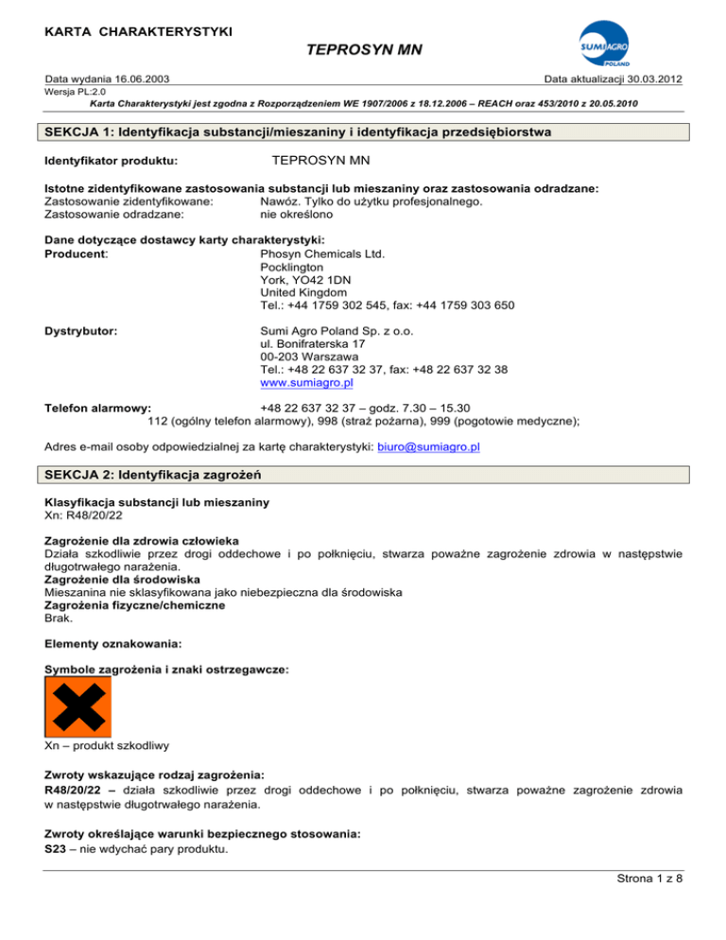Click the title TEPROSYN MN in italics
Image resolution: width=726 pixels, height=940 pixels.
[x=364, y=56]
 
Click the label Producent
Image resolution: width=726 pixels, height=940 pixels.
[x=77, y=252]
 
